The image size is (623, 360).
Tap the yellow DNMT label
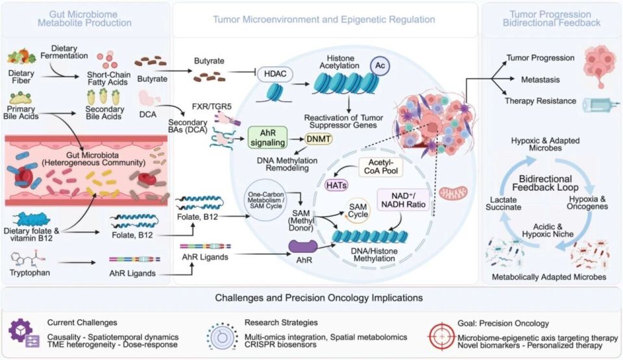[320, 139]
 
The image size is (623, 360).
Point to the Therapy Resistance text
[539, 101]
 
